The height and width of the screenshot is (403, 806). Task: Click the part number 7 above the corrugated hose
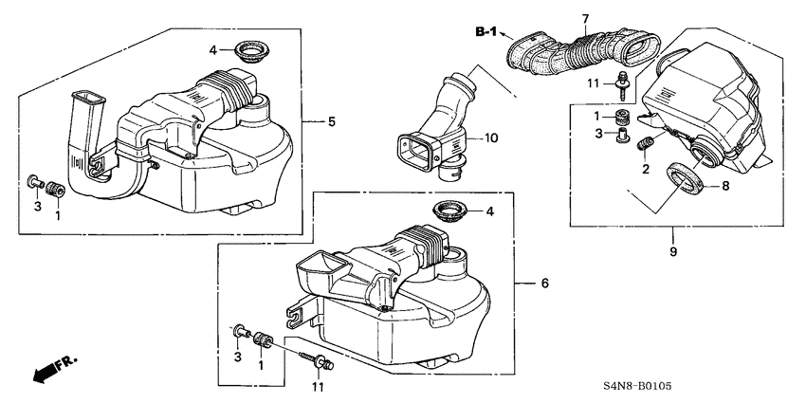click(x=585, y=19)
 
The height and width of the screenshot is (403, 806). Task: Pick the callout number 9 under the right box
click(x=672, y=254)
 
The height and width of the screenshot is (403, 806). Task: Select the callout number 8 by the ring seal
click(x=725, y=187)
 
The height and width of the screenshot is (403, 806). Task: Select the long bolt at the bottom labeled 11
click(x=316, y=358)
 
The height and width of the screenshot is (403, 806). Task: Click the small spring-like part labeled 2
click(x=645, y=145)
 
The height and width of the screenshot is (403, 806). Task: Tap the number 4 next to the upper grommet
click(x=213, y=48)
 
